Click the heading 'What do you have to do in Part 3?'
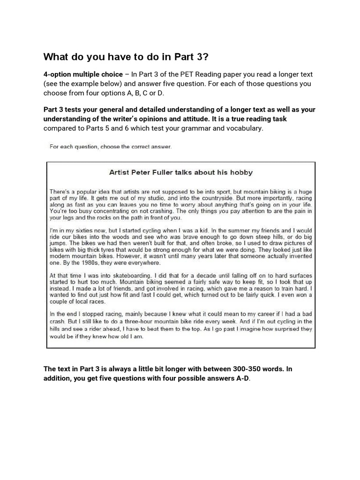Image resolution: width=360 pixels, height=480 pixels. click(x=126, y=57)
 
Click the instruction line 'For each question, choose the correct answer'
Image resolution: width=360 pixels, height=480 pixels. click(x=111, y=147)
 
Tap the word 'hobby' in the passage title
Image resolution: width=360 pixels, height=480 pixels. click(x=241, y=172)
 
